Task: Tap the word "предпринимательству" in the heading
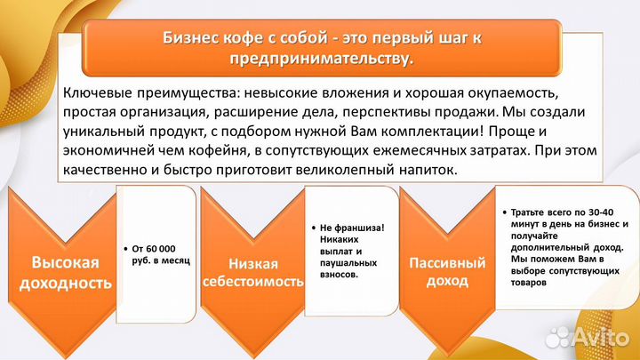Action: [x=321, y=60]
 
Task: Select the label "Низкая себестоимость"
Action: [x=253, y=274]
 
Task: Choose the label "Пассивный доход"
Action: [x=447, y=273]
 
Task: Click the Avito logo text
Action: [x=603, y=336]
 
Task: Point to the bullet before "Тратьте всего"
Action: [x=503, y=213]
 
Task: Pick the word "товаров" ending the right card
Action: [x=530, y=283]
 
